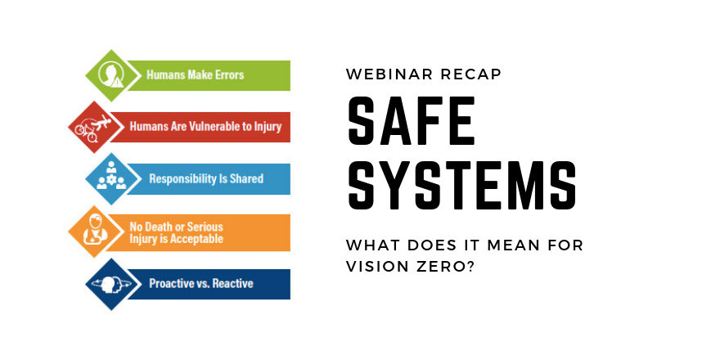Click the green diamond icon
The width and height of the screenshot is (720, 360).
coord(112,75)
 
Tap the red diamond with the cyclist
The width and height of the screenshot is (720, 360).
coord(95,127)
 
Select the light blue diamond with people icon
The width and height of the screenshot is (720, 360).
coord(112,178)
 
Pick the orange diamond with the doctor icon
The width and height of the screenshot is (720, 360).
coord(95,232)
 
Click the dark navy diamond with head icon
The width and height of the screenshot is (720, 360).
coord(112,284)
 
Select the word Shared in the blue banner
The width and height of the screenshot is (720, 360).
coord(247,178)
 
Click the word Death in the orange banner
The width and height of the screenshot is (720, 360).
coord(159,227)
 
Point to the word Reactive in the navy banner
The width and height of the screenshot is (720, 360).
coord(233,283)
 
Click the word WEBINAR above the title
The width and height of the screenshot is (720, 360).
coord(389,74)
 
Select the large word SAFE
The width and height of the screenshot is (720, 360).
coord(411,120)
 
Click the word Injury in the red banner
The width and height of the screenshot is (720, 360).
coord(268,127)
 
